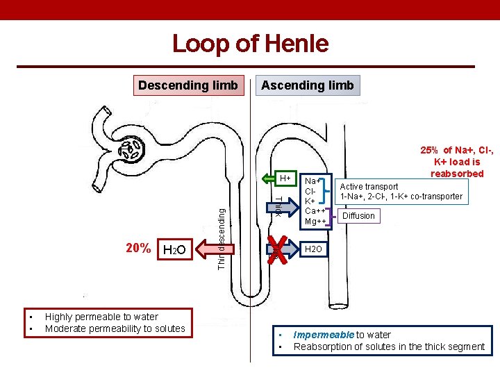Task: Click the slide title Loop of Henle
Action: [x=250, y=44]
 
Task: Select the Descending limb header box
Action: [x=188, y=85]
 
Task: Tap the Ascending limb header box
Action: [x=307, y=85]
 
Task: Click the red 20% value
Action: [x=138, y=248]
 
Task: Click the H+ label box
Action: [x=285, y=179]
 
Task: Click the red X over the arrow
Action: [x=278, y=248]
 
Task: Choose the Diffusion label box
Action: [x=358, y=215]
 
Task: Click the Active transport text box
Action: [x=401, y=191]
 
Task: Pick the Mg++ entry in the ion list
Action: [x=315, y=222]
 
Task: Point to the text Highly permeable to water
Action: [x=101, y=317]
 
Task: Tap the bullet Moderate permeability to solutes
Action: [x=115, y=328]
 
